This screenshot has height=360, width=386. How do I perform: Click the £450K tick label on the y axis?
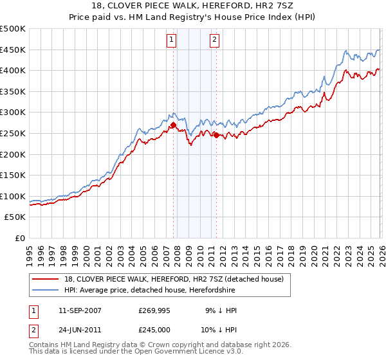click(x=13, y=50)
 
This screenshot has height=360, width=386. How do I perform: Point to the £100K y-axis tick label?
click(x=13, y=196)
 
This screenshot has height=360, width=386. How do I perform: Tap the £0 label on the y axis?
click(x=20, y=238)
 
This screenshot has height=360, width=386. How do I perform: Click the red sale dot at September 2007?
click(x=173, y=125)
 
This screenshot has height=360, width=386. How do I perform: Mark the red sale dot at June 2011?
click(x=216, y=135)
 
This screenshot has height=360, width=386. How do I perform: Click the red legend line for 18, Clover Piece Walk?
click(x=45, y=280)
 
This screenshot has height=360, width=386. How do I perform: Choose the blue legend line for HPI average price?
click(x=45, y=291)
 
